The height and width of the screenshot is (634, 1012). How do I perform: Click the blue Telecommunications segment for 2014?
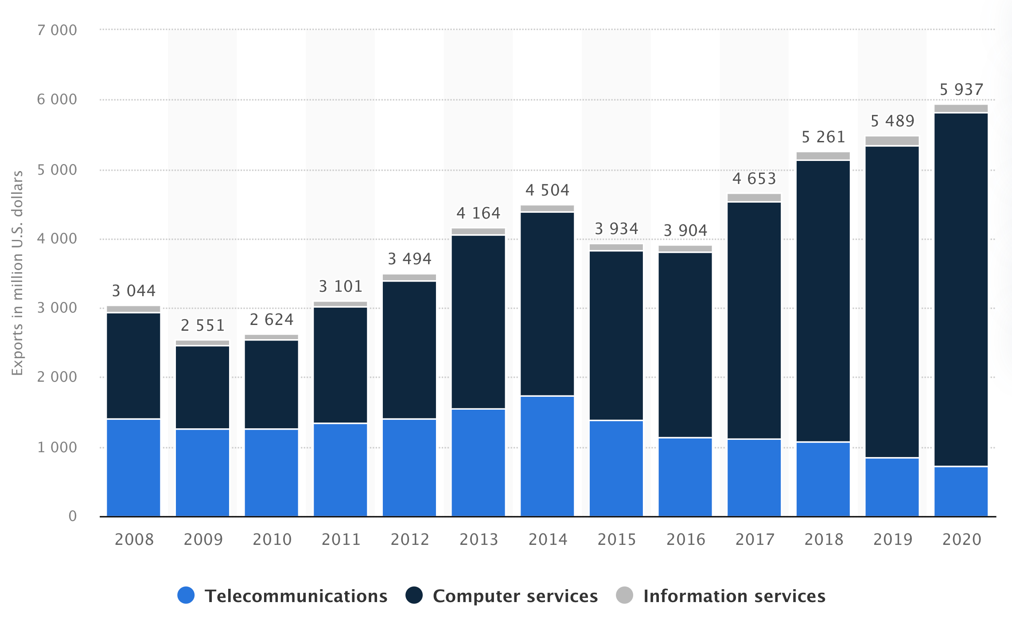[x=547, y=456]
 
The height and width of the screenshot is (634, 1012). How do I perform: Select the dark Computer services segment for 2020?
[x=961, y=290]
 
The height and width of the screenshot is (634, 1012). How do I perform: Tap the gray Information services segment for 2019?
[x=892, y=141]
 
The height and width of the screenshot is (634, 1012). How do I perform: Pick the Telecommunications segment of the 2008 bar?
[x=133, y=468]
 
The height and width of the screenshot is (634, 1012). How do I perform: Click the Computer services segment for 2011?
[x=340, y=365]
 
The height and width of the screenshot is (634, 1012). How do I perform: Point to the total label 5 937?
[x=961, y=90]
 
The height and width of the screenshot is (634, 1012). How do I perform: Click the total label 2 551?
[x=202, y=325]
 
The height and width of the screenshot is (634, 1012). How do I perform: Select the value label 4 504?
[x=547, y=190]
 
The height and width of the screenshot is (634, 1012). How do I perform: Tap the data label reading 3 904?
[x=685, y=231]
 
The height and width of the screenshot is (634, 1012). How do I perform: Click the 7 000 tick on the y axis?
[x=57, y=30]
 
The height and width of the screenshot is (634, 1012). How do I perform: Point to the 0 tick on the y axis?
[x=73, y=516]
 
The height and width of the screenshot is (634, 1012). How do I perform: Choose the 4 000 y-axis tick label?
[x=57, y=239]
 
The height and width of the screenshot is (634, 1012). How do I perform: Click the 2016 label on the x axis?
[x=685, y=540]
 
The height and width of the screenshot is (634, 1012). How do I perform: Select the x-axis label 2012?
[x=410, y=540]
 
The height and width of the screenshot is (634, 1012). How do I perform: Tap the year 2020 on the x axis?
[x=961, y=540]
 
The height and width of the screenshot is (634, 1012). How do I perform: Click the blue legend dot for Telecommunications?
[x=186, y=595]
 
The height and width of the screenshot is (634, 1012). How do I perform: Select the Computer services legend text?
[x=515, y=596]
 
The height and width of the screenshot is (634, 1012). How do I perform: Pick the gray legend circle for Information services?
[x=624, y=595]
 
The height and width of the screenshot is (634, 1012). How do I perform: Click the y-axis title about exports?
[x=17, y=273]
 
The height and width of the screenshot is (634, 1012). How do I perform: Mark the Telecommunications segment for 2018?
[x=823, y=480]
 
